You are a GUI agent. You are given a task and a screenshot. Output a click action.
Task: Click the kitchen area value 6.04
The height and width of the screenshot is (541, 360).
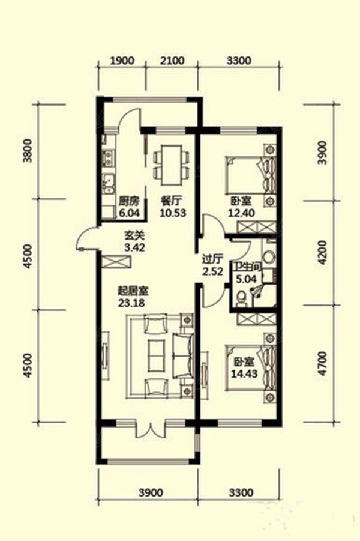point(129,213)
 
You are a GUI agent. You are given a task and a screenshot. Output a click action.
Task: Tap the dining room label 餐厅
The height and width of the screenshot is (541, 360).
point(172,201)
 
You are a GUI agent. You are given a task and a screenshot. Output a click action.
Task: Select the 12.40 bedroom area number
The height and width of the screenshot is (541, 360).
point(241,213)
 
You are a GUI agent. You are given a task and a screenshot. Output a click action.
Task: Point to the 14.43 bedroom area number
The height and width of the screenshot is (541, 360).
point(244,373)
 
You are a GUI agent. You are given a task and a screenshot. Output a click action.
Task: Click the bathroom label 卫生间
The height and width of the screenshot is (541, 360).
point(247,267)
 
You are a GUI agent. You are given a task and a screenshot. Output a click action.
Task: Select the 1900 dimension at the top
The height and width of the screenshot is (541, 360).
point(122,61)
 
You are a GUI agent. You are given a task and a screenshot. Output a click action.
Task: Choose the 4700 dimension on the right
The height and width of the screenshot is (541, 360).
point(322,363)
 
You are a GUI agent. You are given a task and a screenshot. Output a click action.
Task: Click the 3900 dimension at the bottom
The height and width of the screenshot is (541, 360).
point(151,492)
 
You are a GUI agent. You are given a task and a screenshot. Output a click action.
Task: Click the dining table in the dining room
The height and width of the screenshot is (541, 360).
point(172,165)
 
